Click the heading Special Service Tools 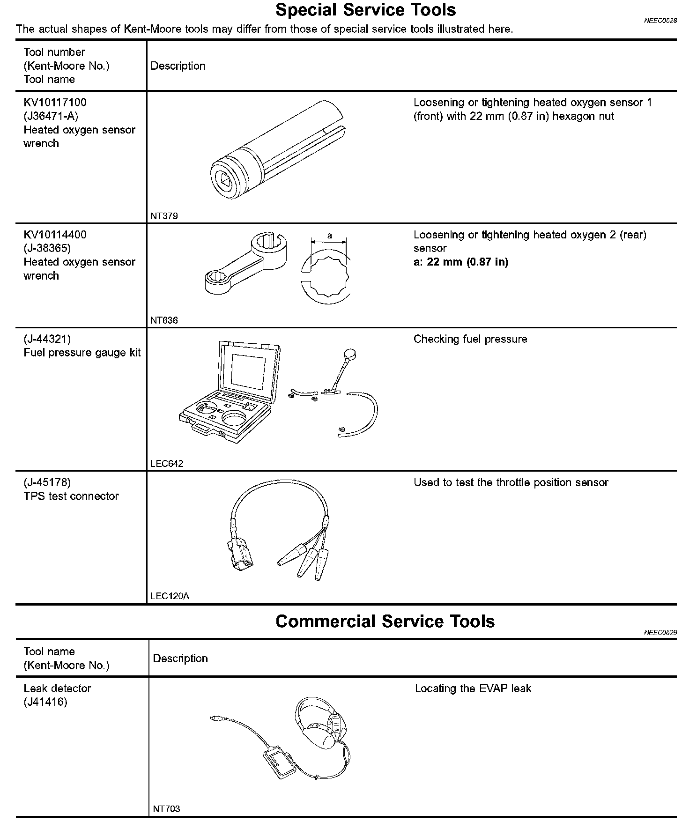tap(365, 10)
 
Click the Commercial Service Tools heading tap(385, 621)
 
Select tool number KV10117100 tap(55, 102)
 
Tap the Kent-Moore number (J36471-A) tap(51, 116)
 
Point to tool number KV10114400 tap(55, 235)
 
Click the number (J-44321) tap(47, 339)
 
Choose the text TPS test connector tap(71, 496)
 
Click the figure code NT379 tap(164, 216)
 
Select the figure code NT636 tap(164, 320)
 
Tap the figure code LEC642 tap(167, 464)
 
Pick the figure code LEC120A tap(170, 596)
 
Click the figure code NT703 tap(166, 809)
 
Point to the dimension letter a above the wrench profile tap(329, 236)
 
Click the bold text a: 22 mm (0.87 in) tap(460, 262)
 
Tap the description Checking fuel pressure tap(470, 339)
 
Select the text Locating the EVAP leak tap(473, 688)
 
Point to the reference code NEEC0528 tap(660, 21)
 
